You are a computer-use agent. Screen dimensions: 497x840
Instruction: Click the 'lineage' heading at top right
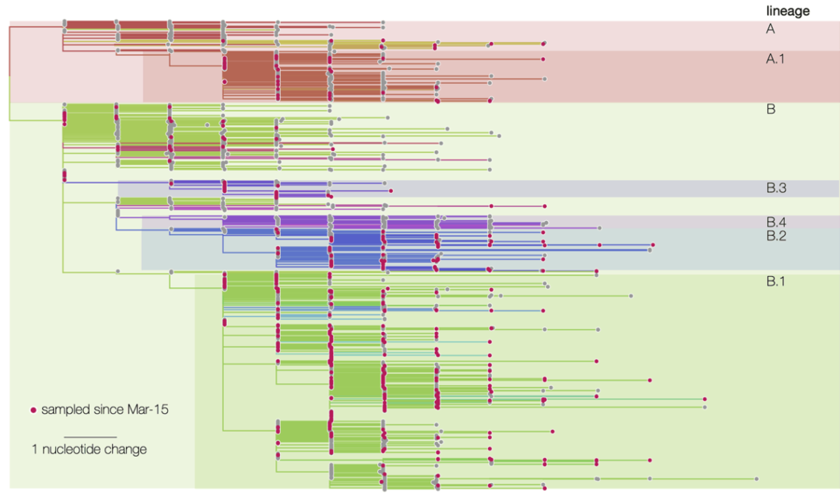tap(788, 11)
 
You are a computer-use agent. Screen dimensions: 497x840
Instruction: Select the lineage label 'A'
tap(771, 29)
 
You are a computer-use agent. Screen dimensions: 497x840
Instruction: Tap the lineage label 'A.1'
tap(775, 58)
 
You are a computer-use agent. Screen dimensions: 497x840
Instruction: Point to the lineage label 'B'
tap(771, 109)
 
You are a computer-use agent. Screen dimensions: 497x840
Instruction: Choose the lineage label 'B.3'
tap(776, 188)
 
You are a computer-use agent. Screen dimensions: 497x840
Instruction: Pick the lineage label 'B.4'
tap(776, 222)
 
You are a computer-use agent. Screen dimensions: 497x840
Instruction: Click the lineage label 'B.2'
tap(776, 236)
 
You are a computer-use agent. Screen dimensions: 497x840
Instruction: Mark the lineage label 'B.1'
tap(776, 281)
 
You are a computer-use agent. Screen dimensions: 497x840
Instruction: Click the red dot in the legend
tap(33, 409)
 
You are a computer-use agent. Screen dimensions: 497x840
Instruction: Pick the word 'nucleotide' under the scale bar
tap(71, 449)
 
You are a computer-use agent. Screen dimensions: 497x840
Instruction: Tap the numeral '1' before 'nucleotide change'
tap(35, 449)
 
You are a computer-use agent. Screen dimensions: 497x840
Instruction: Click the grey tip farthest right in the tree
tap(757, 479)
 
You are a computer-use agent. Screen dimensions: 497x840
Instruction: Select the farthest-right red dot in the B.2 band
tap(654, 244)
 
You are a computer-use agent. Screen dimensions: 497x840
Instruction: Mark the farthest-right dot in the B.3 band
tap(391, 191)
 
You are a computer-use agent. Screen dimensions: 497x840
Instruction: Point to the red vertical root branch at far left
tap(10, 52)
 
